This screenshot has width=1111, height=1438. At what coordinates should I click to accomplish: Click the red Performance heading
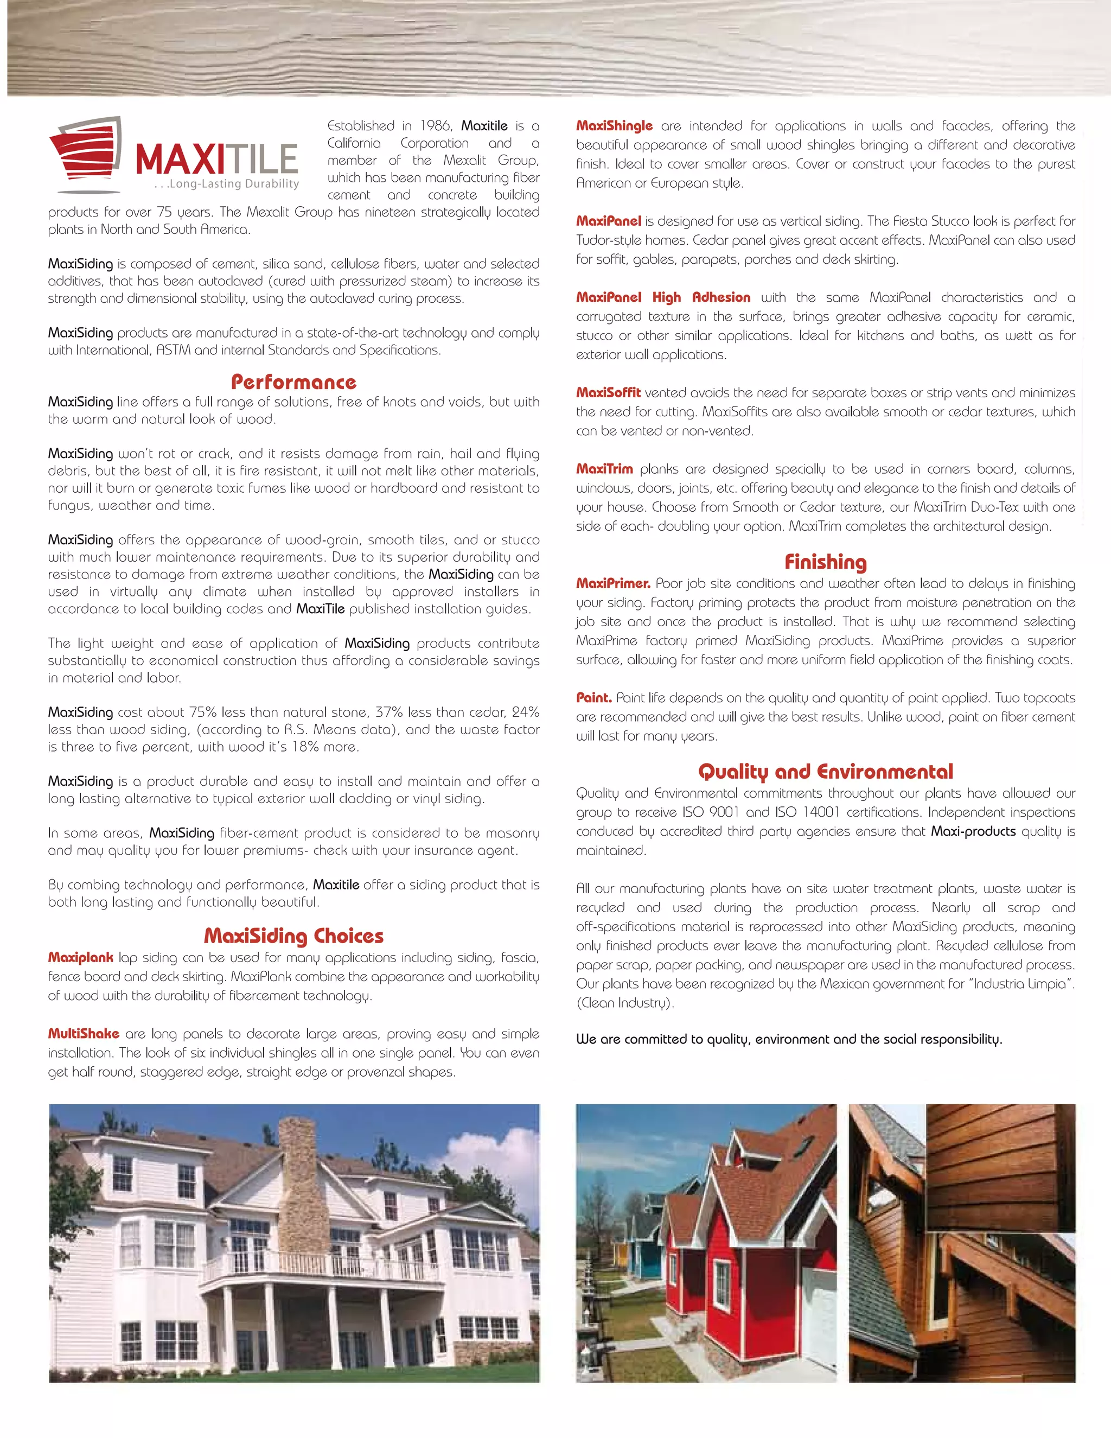click(x=293, y=383)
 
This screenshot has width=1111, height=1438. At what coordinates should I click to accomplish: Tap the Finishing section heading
click(x=825, y=562)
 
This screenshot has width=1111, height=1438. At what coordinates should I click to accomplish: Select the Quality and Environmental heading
click(x=825, y=772)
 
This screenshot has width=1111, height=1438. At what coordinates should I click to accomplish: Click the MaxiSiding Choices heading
click(x=293, y=936)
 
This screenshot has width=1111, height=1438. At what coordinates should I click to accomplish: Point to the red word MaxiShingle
click(x=614, y=126)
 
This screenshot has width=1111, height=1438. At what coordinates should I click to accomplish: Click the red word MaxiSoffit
click(x=608, y=392)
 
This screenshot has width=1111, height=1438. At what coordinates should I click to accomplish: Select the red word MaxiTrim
click(x=604, y=469)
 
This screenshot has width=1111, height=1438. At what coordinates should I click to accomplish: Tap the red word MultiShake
click(x=84, y=1034)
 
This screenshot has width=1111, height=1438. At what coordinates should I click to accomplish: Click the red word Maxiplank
click(x=80, y=957)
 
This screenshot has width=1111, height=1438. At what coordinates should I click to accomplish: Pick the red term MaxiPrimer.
click(x=613, y=583)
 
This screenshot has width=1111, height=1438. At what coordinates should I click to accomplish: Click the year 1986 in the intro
click(x=436, y=126)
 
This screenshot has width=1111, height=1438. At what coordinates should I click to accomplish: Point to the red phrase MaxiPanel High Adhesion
click(x=663, y=297)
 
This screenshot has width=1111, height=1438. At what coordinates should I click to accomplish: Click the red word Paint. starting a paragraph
click(x=593, y=698)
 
